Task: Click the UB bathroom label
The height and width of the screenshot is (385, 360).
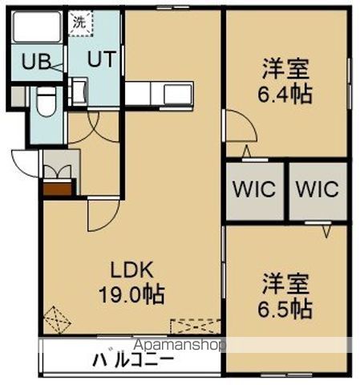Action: click(x=36, y=62)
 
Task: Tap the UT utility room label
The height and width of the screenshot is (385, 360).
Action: click(x=102, y=59)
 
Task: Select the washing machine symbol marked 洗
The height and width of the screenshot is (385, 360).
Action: click(x=80, y=23)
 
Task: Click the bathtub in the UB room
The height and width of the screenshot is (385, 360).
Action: click(x=37, y=26)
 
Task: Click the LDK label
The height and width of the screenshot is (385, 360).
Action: click(x=132, y=269)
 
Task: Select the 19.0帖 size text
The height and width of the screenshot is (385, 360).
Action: click(x=131, y=294)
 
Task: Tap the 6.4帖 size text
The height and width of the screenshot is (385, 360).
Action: click(x=285, y=94)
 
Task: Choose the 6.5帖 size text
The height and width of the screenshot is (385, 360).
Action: click(x=285, y=309)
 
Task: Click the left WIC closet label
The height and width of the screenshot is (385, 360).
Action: click(x=254, y=189)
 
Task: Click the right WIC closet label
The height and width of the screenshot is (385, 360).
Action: click(x=318, y=189)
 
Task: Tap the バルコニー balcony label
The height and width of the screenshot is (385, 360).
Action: click(x=133, y=359)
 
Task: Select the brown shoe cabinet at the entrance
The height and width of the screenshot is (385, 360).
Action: click(x=58, y=189)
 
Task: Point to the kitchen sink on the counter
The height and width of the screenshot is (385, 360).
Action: click(x=178, y=95)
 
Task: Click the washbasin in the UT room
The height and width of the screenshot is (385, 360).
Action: click(x=79, y=91)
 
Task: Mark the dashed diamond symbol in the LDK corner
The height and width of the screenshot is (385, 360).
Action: click(x=57, y=320)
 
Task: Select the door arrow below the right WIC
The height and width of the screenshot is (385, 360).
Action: click(x=326, y=232)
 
